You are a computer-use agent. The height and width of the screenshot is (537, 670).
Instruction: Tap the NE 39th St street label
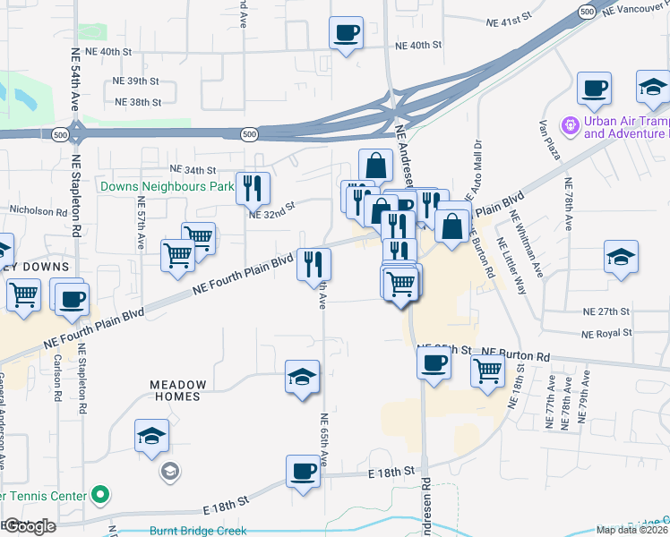click(136, 81)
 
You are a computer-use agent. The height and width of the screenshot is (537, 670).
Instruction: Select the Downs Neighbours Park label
click(167, 187)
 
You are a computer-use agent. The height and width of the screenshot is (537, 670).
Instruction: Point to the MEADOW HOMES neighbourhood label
click(177, 390)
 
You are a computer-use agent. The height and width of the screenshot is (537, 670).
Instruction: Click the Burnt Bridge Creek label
click(198, 531)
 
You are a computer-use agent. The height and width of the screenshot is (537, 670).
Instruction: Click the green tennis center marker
click(101, 494)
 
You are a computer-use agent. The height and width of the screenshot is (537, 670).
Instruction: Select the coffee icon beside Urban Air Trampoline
click(594, 89)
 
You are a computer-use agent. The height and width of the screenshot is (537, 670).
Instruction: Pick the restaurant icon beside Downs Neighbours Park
click(253, 187)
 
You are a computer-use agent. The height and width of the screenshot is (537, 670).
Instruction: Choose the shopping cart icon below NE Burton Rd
click(487, 368)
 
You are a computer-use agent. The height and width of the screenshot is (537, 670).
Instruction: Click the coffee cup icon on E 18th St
click(303, 471)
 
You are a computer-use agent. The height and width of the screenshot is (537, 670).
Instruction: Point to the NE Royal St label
click(606, 333)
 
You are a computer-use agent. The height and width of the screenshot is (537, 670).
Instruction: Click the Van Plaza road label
click(549, 141)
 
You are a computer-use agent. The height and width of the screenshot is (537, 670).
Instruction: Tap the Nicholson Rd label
click(38, 212)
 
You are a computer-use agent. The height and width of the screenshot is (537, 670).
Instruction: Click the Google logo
click(30, 526)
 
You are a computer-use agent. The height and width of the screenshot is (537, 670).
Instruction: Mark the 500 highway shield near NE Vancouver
click(586, 12)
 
